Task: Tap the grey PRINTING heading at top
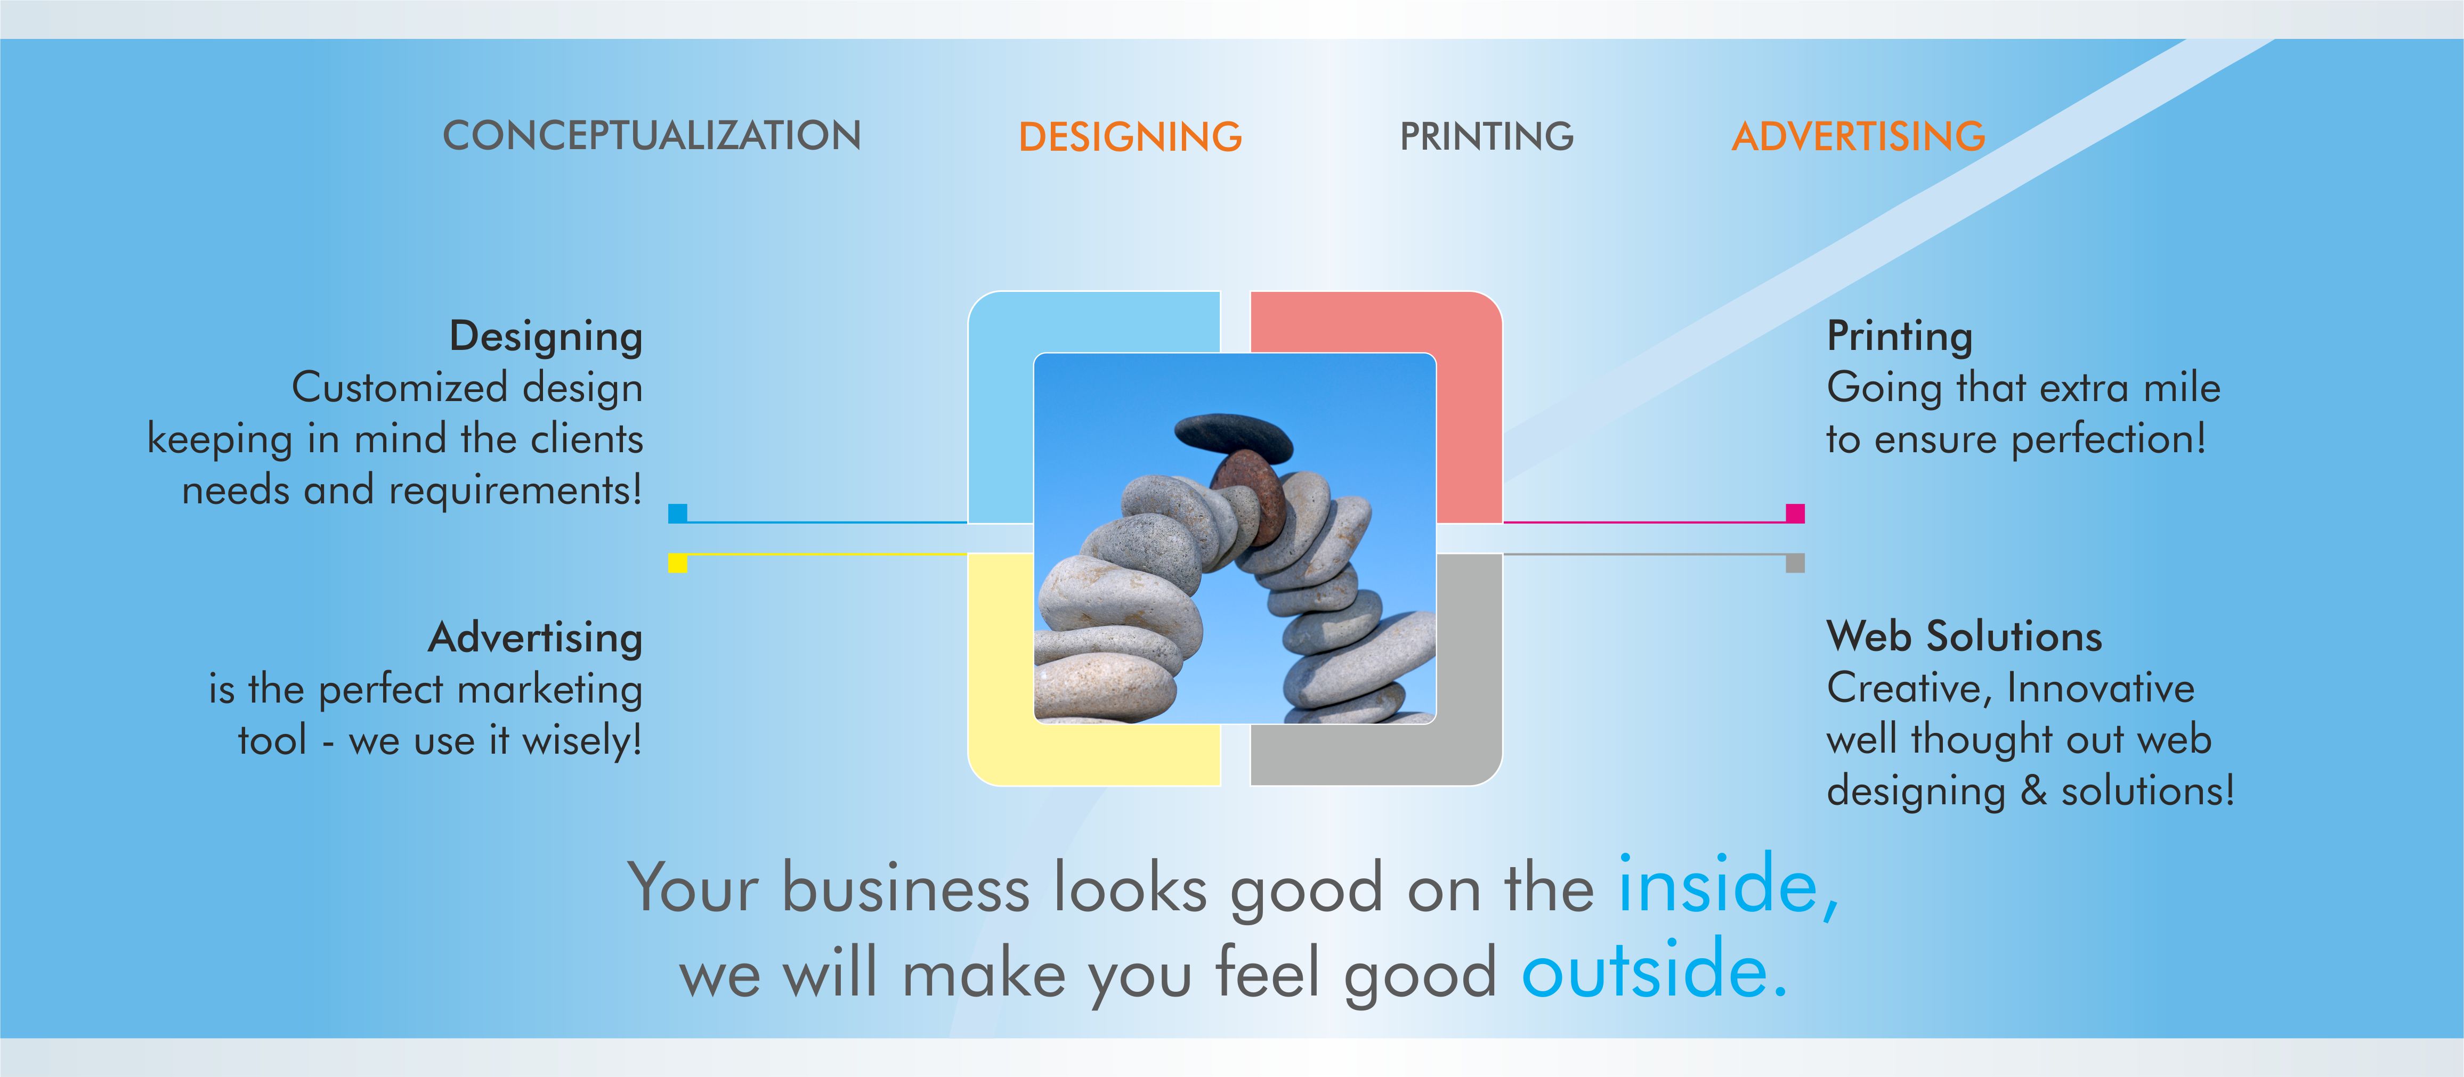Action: [x=1486, y=137]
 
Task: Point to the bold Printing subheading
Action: [x=1900, y=337]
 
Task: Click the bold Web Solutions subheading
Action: [x=1964, y=636]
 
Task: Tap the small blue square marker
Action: [x=677, y=513]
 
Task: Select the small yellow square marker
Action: [x=677, y=564]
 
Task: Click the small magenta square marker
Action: [x=1795, y=513]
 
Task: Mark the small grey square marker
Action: [x=1795, y=564]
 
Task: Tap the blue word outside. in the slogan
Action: [x=1654, y=972]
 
